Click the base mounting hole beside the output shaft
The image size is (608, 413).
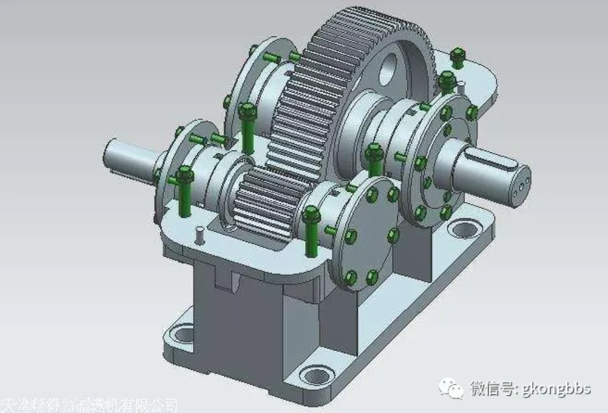[464, 228]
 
